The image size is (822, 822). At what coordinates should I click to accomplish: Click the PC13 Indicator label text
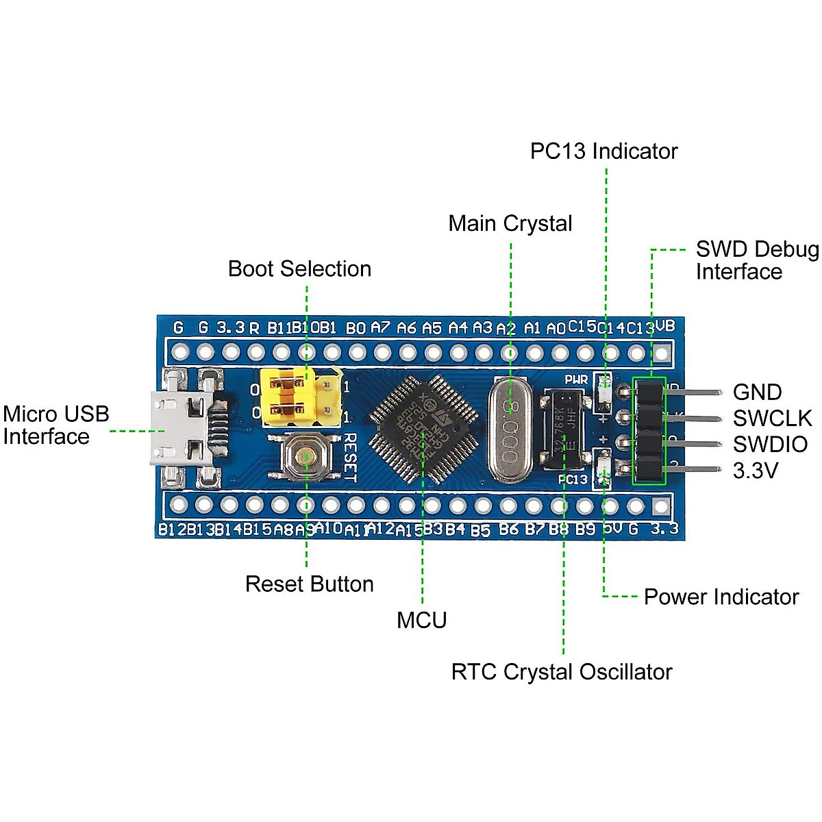pos(603,151)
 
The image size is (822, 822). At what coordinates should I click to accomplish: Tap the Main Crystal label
pos(510,223)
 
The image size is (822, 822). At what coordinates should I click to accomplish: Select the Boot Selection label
pos(299,269)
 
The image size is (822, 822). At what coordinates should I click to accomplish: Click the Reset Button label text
pos(310,584)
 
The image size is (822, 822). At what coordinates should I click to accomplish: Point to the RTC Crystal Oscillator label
pos(562,672)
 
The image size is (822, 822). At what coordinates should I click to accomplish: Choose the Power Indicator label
pos(721,597)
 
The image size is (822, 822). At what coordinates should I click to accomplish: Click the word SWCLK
pos(772,418)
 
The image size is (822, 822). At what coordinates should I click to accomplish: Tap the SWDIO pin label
pos(771,444)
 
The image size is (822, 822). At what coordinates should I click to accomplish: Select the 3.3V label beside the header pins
pos(755,471)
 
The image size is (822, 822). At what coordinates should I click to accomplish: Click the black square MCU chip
pos(423,429)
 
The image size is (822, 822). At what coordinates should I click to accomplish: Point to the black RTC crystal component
pos(563,430)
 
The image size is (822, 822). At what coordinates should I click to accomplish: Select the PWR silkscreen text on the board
pos(576,379)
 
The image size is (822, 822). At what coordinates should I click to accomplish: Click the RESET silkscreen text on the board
pos(349,458)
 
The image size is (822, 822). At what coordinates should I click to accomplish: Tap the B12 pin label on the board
pos(167,530)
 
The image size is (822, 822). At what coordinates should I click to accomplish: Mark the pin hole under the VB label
pos(662,353)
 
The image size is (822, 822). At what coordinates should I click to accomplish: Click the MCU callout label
pos(421,620)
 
